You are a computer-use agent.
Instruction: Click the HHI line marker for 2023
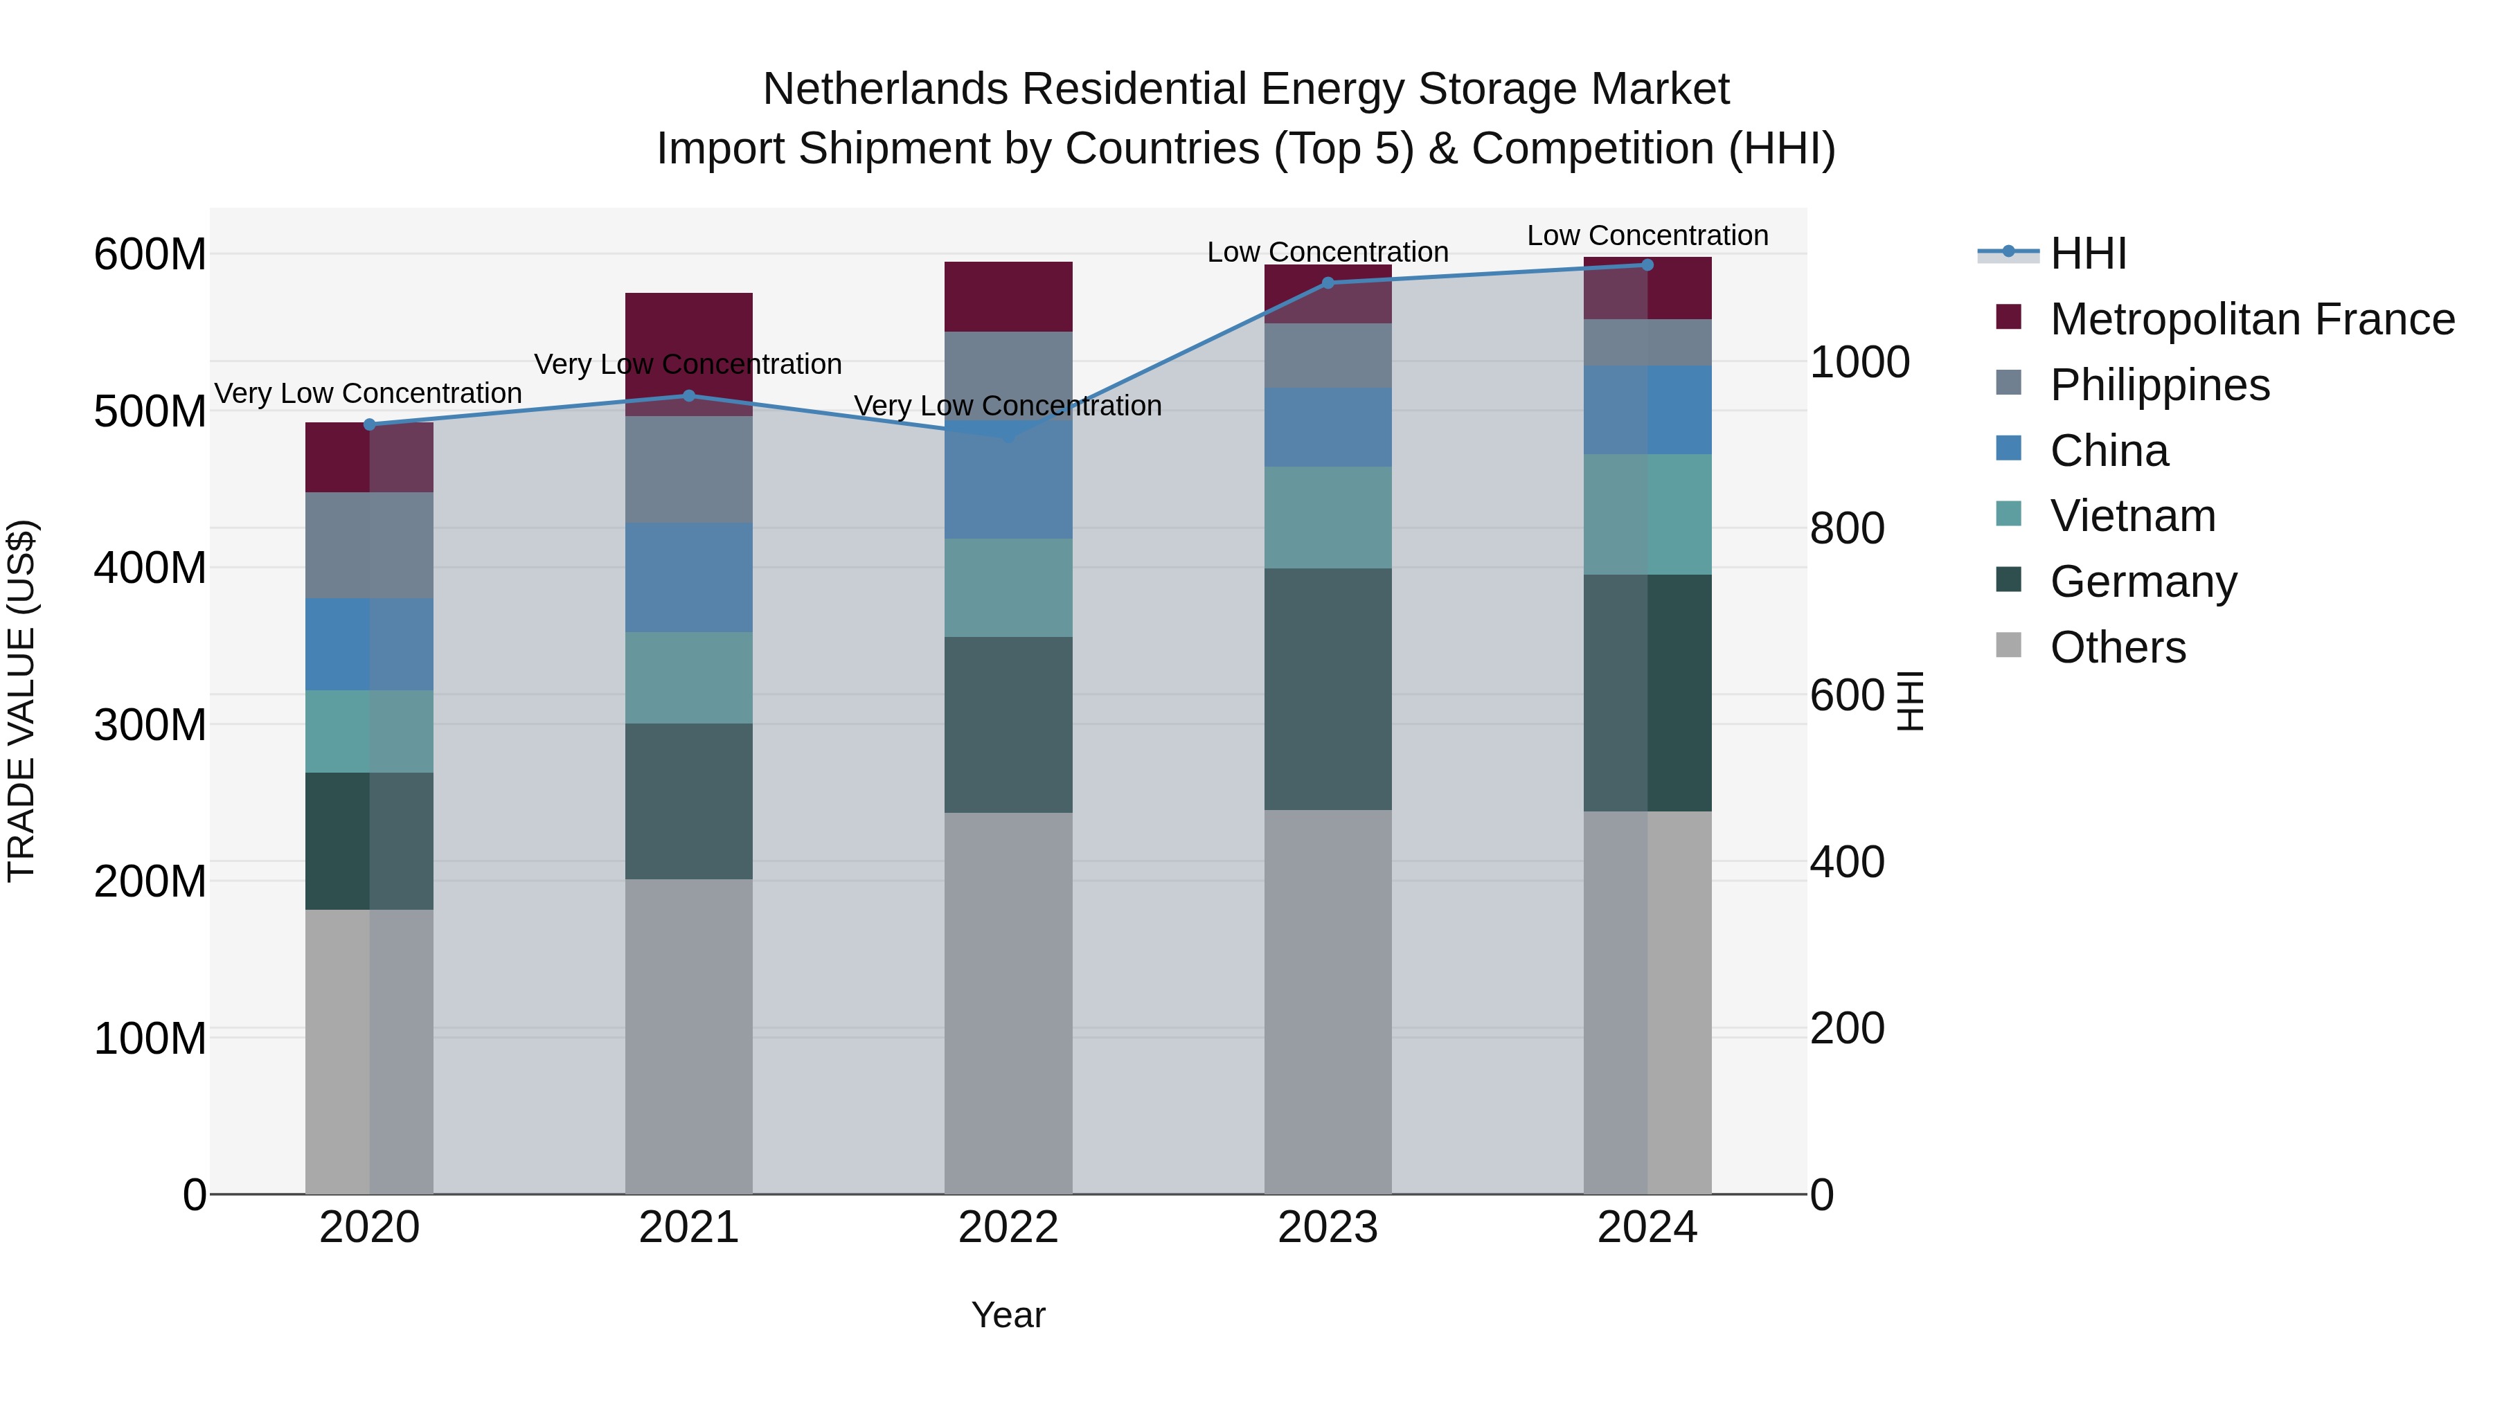[1328, 283]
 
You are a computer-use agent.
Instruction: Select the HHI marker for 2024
[1647, 265]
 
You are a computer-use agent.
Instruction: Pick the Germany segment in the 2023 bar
[1328, 689]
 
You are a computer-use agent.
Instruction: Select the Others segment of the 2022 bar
[1008, 1003]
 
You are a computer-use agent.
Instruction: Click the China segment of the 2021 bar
[688, 577]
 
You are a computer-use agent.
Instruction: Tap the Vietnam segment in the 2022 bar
[1008, 587]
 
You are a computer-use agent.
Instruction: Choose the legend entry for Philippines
[2159, 385]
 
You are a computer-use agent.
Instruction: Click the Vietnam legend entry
[2132, 516]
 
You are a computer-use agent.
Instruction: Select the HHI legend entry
[2087, 253]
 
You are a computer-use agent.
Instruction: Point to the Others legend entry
[2118, 647]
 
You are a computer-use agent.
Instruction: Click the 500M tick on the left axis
[150, 412]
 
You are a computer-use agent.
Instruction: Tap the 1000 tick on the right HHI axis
[1859, 363]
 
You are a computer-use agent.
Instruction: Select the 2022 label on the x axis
[1008, 1228]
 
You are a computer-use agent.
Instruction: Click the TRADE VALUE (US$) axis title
[21, 701]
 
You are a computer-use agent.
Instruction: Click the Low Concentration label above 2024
[1647, 236]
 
